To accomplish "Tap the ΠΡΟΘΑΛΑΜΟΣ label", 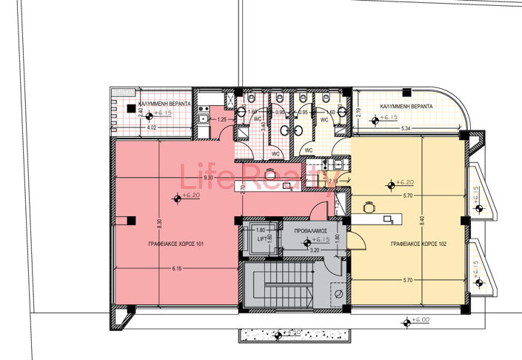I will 311,231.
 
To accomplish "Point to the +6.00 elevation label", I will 420,320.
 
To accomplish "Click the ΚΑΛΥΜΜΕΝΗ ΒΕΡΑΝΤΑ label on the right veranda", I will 406,106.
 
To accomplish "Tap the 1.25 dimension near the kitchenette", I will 221,119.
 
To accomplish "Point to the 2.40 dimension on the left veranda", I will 141,112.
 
